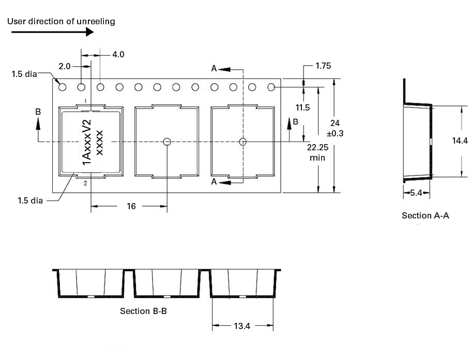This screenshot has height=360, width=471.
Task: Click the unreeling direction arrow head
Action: click(x=89, y=32)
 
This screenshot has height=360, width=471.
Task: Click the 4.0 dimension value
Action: click(x=118, y=55)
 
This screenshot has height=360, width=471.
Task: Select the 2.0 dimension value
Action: click(x=64, y=66)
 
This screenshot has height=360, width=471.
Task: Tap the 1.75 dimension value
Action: click(x=323, y=66)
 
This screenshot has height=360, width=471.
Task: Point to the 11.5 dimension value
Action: click(x=302, y=107)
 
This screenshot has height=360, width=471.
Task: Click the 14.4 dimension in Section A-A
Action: click(x=460, y=140)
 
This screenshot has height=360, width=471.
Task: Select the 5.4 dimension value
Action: click(x=416, y=193)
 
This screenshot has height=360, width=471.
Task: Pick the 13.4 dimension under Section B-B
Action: click(x=242, y=326)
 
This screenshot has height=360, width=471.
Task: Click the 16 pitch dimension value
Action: click(x=131, y=206)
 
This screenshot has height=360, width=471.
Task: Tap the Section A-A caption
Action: click(x=426, y=215)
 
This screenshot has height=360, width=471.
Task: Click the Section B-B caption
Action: click(x=143, y=311)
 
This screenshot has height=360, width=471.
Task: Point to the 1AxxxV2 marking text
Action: click(x=86, y=142)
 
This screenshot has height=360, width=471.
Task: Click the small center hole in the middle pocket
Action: click(x=167, y=142)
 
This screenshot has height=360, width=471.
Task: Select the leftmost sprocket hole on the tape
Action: click(x=62, y=87)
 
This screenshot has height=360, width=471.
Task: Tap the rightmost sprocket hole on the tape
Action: click(x=271, y=87)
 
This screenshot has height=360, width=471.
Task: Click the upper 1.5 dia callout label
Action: click(x=24, y=74)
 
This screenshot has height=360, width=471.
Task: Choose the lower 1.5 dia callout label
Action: click(x=31, y=200)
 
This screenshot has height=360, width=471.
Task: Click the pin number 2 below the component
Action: click(x=86, y=183)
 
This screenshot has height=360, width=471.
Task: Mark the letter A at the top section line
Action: click(x=214, y=68)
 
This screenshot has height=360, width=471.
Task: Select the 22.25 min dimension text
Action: click(x=317, y=152)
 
